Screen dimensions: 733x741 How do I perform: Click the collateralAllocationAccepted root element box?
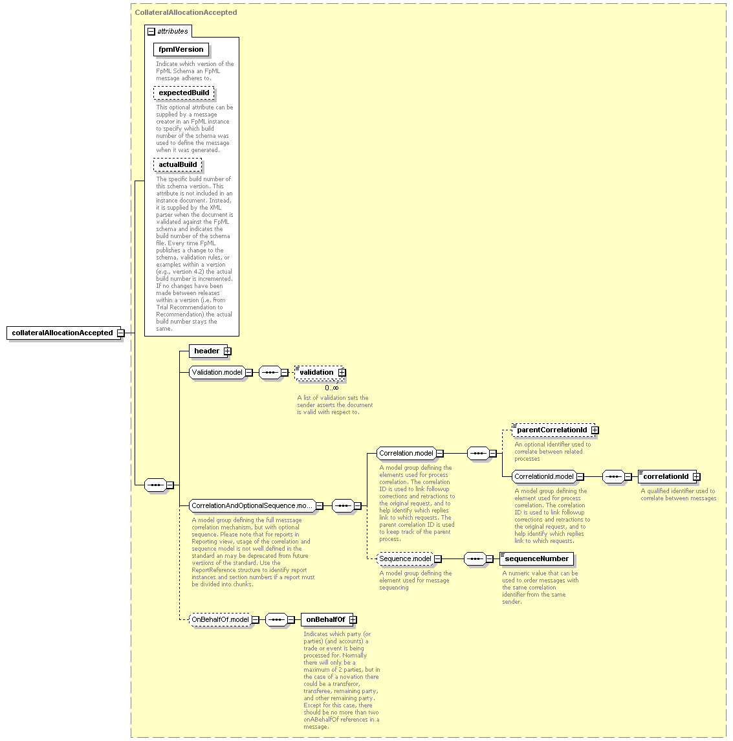(63, 333)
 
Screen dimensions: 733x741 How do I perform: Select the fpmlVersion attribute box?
(181, 50)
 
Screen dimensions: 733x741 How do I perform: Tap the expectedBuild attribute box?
(184, 93)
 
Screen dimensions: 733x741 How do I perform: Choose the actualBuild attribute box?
(177, 165)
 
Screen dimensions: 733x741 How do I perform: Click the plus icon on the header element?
(228, 351)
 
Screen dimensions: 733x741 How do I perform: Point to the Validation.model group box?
(217, 372)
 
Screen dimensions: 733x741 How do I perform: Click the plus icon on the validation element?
(342, 372)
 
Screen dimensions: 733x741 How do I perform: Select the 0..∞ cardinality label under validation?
(331, 388)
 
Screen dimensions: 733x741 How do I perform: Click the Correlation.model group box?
(406, 453)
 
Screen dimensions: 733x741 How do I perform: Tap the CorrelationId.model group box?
(544, 477)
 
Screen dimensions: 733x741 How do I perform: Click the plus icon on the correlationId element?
(697, 477)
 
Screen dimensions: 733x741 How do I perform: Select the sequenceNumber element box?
(536, 559)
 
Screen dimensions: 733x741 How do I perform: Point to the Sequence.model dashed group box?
(405, 559)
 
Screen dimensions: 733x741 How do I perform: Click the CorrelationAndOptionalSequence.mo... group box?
(252, 505)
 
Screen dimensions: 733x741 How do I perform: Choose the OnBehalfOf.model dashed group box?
(220, 619)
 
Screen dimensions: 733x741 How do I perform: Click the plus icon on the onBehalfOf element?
(353, 619)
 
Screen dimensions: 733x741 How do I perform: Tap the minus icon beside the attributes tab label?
(151, 32)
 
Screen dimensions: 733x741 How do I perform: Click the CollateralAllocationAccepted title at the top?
(186, 12)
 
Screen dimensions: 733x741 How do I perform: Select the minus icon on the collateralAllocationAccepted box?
(121, 333)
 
